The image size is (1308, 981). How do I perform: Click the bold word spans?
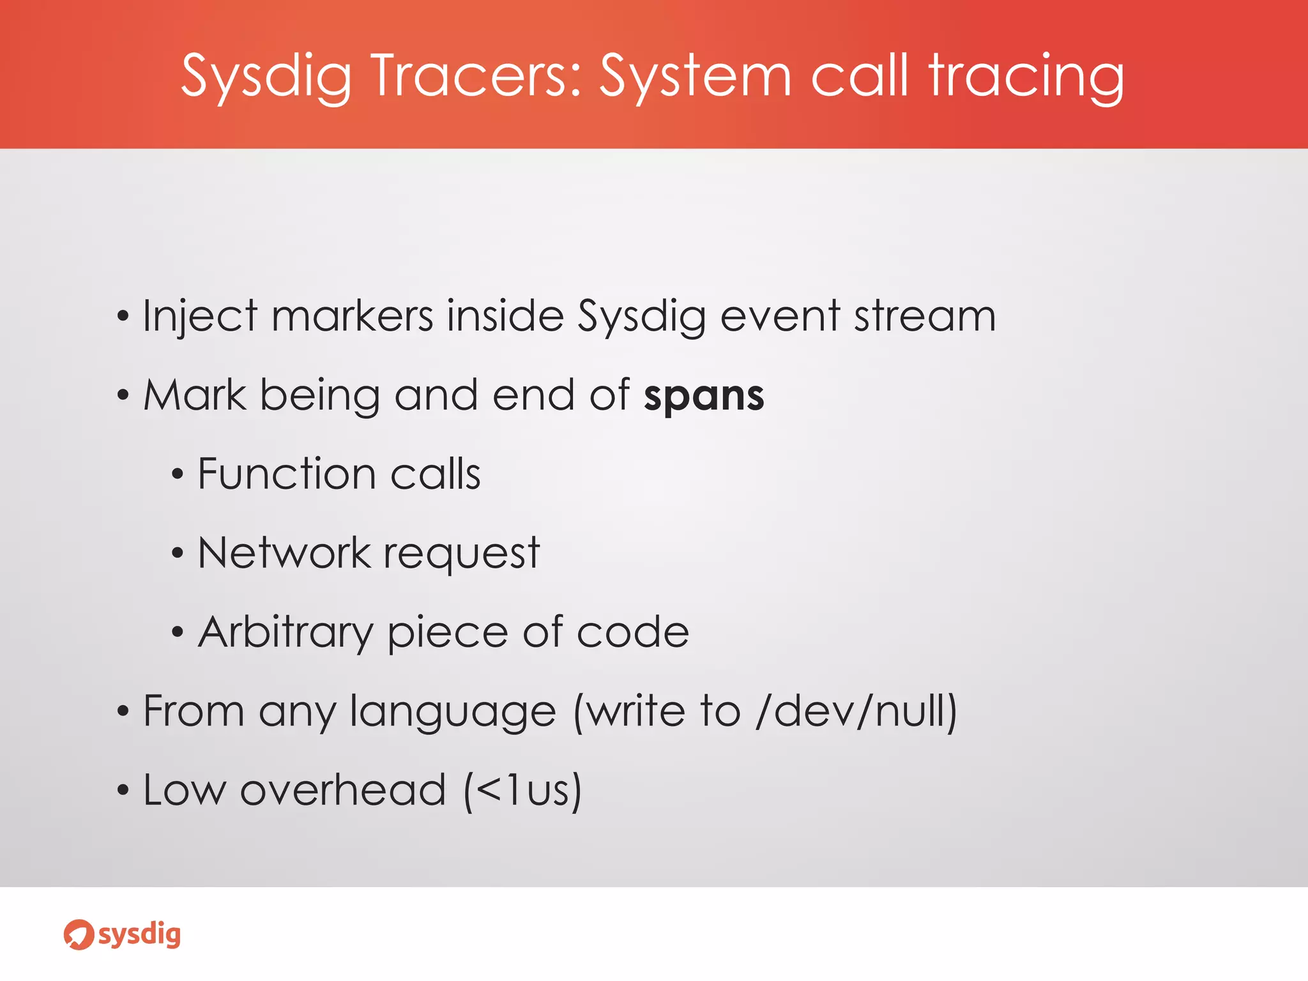click(x=704, y=395)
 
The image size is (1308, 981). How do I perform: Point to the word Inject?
click(x=200, y=316)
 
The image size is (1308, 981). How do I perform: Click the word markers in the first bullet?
click(x=352, y=316)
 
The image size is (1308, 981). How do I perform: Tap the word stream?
click(x=925, y=316)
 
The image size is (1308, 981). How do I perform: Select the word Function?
click(x=286, y=475)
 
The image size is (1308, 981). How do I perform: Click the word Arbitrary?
click(x=285, y=632)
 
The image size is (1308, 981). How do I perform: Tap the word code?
click(x=632, y=632)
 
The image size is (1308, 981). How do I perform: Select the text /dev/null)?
click(x=856, y=711)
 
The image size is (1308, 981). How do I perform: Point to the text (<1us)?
click(x=523, y=791)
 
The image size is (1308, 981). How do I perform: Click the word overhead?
click(x=343, y=791)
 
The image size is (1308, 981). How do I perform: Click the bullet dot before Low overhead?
click(x=123, y=791)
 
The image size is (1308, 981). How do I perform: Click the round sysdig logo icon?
click(x=79, y=934)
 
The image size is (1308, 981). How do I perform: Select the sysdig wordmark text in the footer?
click(x=139, y=934)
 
